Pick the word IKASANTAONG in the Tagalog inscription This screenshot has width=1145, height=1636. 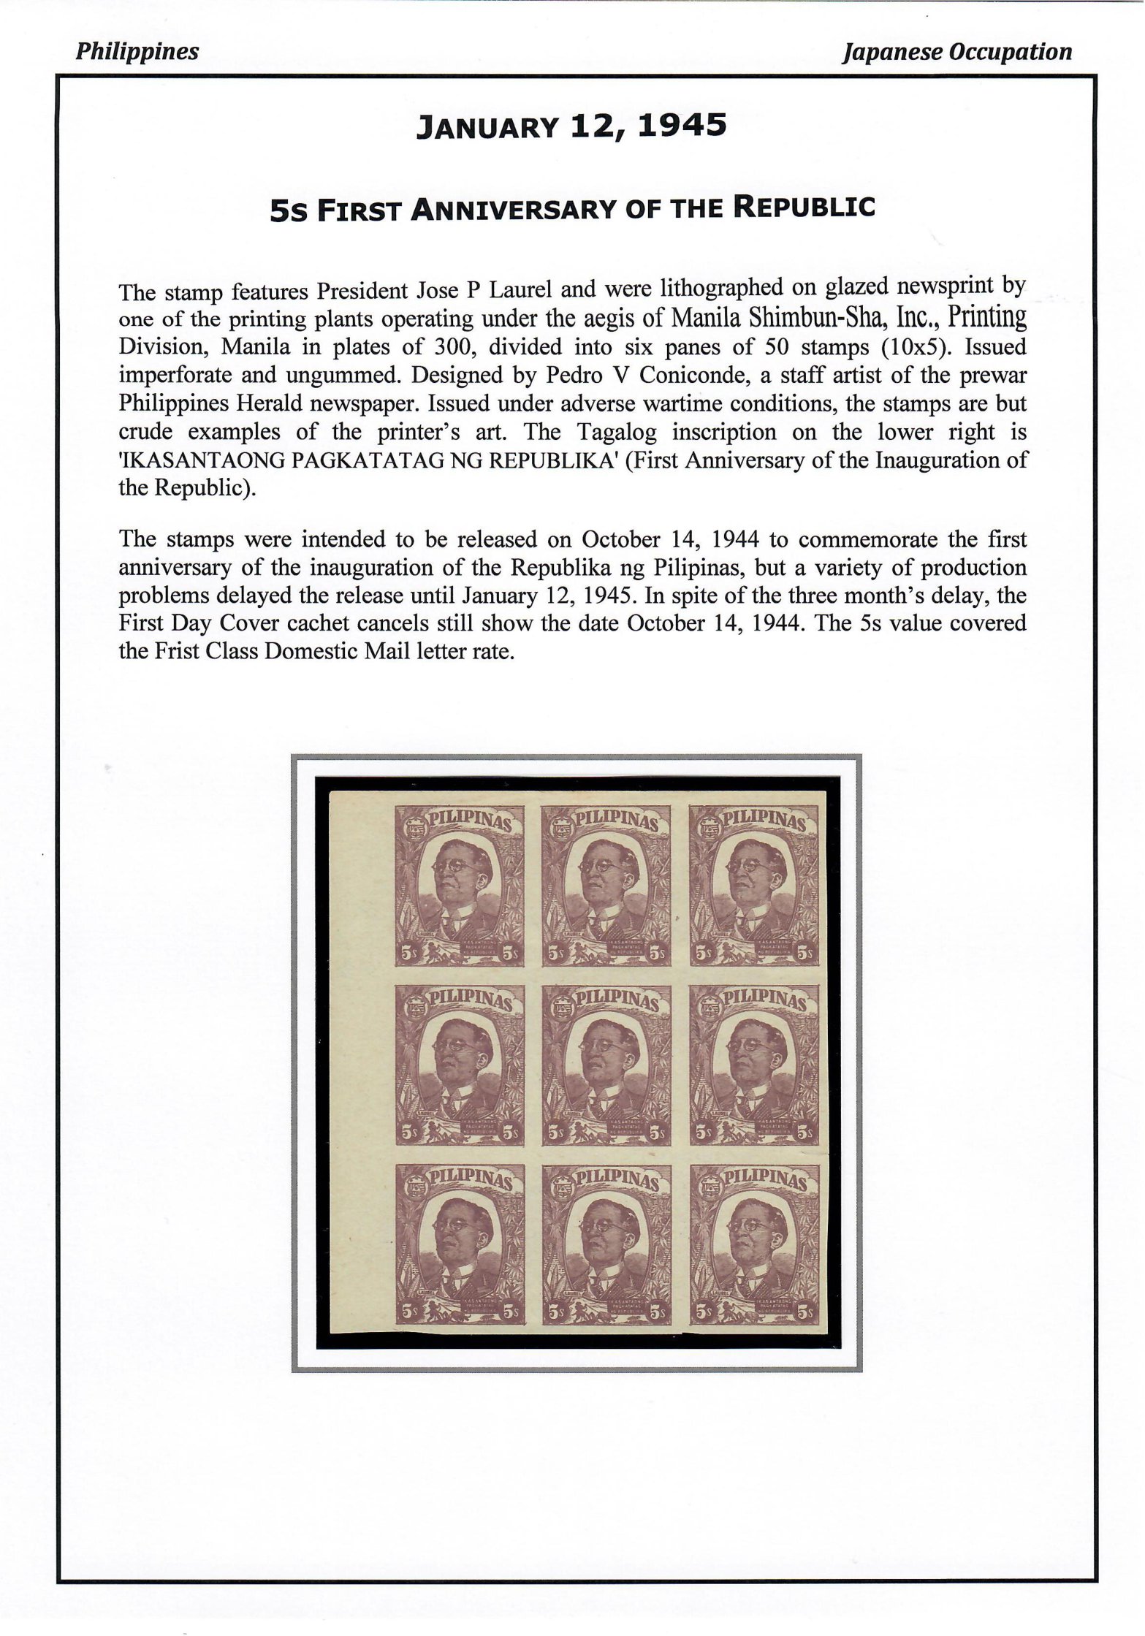tap(212, 460)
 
